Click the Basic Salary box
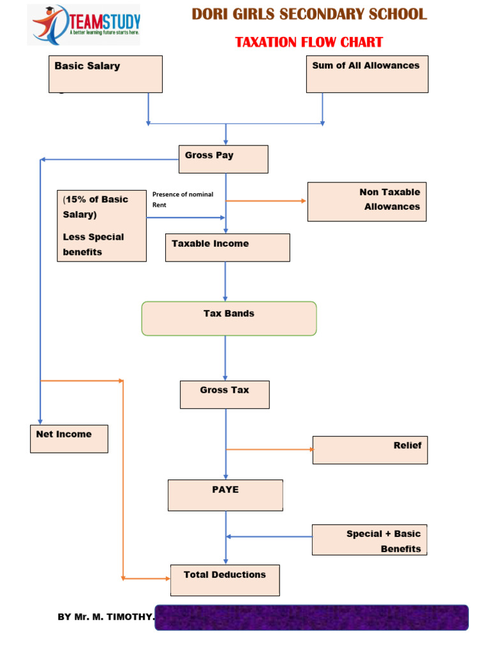point(105,74)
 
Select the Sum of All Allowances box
point(367,74)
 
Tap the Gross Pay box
point(223,159)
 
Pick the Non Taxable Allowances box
point(367,202)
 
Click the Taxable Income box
point(227,247)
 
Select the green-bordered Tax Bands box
point(228,318)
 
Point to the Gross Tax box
point(225,394)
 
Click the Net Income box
point(69,439)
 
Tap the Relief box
point(370,450)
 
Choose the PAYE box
point(225,495)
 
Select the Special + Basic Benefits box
point(369,539)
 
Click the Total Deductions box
point(225,580)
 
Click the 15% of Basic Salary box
point(101,226)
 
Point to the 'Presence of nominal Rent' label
point(182,200)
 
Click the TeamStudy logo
point(84,25)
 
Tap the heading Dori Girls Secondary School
point(309,15)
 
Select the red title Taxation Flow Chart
point(309,43)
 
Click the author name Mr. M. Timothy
point(105,617)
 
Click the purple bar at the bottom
point(311,617)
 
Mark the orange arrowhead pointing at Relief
point(311,450)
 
